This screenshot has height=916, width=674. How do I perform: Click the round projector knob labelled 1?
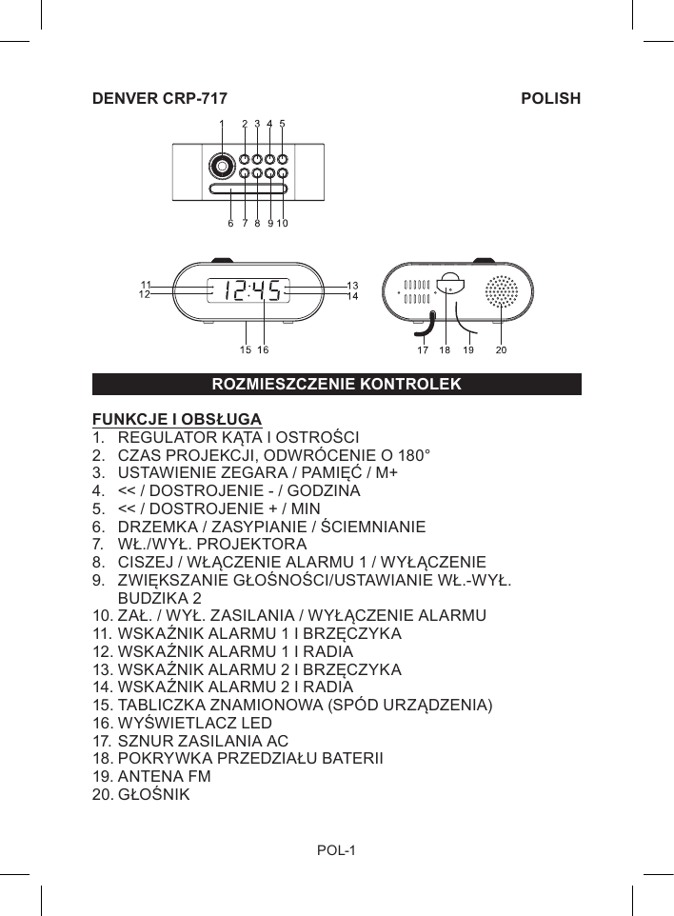222,166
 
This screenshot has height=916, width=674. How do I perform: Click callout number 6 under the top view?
230,225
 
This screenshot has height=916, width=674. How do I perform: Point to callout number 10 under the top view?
284,225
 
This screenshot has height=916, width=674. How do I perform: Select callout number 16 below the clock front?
264,350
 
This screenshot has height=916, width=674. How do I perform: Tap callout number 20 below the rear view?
501,350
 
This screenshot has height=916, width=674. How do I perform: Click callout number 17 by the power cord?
422,350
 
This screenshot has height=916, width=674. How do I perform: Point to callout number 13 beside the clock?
352,285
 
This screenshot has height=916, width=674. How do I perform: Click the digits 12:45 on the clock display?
252,290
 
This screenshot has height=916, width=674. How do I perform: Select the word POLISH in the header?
551,99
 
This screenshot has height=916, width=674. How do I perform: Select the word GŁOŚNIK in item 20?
153,793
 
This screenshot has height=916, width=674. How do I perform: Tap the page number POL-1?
336,849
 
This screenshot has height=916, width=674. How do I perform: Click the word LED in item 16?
257,723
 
